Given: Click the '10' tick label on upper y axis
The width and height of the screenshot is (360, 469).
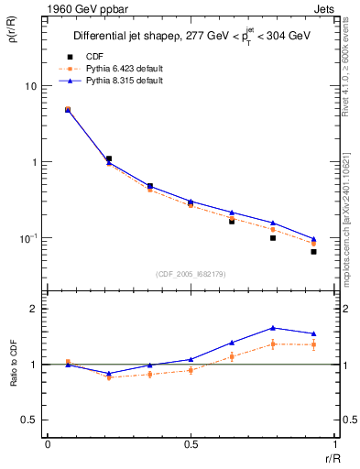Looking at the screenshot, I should point(29,86).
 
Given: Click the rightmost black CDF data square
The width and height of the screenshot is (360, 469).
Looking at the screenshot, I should point(313,251).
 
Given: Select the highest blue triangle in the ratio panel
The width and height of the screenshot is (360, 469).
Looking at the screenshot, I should point(273,328).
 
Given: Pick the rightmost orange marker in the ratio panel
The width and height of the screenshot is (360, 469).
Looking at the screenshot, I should point(313,344).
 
